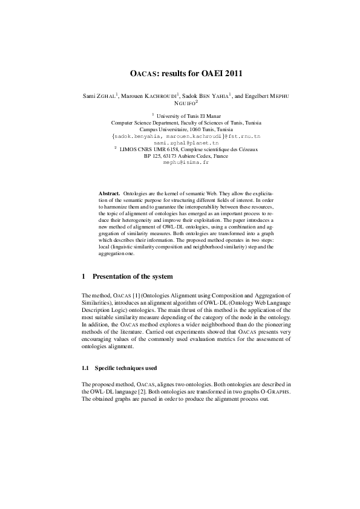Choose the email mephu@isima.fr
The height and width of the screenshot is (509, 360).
point(180,163)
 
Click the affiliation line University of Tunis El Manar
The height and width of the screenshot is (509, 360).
point(184,115)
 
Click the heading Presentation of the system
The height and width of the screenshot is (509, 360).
point(132,276)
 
